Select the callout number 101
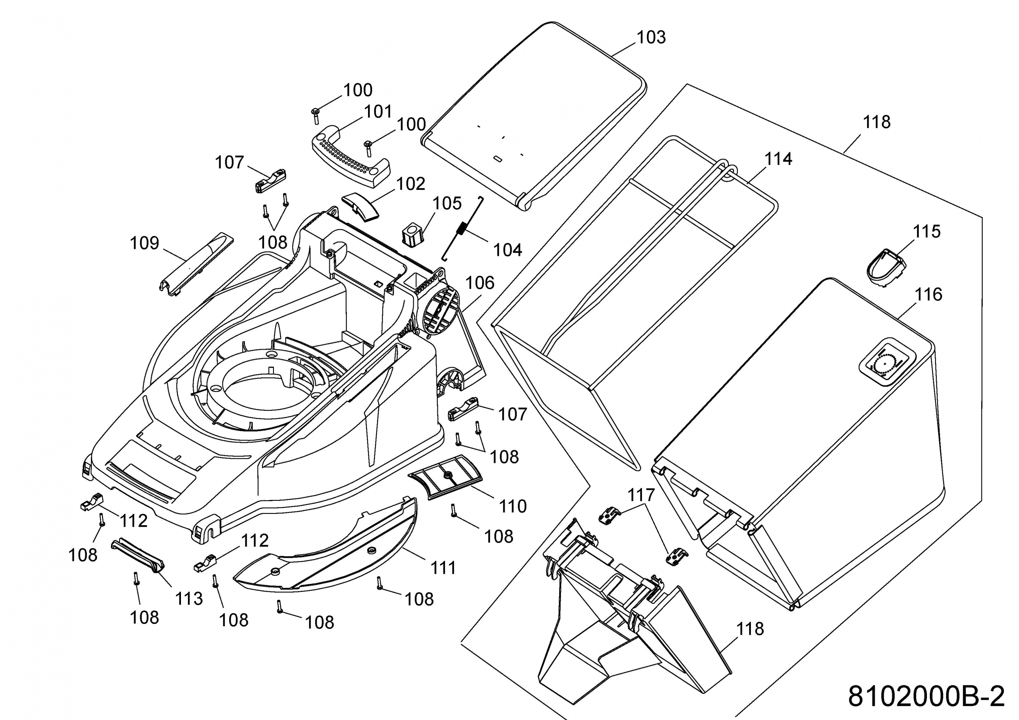pos(378,112)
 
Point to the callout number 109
pos(144,243)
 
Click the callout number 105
pos(447,203)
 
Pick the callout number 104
pos(508,250)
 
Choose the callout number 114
pos(779,159)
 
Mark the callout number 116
pos(929,295)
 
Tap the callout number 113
pos(189,599)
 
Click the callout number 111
pos(443,568)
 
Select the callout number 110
pos(513,506)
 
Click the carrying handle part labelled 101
pos(351,159)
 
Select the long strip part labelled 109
pos(196,264)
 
